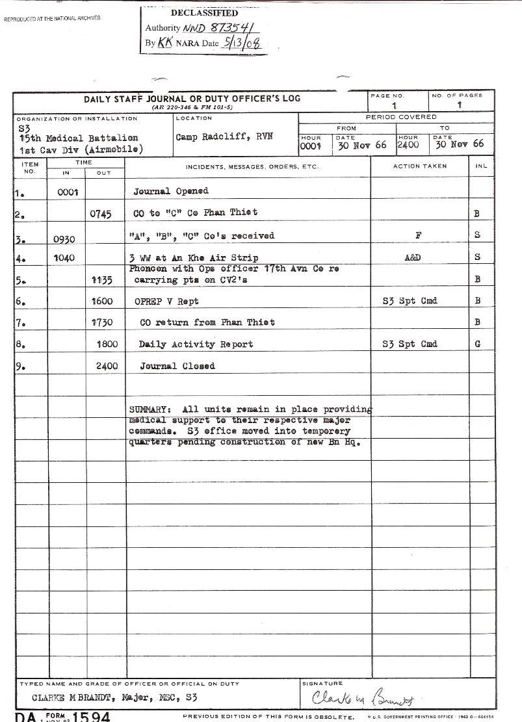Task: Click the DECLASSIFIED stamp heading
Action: coord(203,13)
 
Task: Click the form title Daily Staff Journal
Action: coord(192,99)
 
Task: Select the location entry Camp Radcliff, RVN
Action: coord(215,137)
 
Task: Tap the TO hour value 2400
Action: coord(408,144)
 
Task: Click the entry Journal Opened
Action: coord(171,192)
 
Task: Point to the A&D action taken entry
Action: coord(413,257)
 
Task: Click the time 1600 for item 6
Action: coord(107,301)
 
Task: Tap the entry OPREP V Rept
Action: coord(166,301)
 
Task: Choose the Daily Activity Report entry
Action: coord(196,344)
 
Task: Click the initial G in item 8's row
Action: coord(478,344)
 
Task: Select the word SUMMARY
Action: coord(150,409)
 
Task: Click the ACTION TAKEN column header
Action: coord(420,166)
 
